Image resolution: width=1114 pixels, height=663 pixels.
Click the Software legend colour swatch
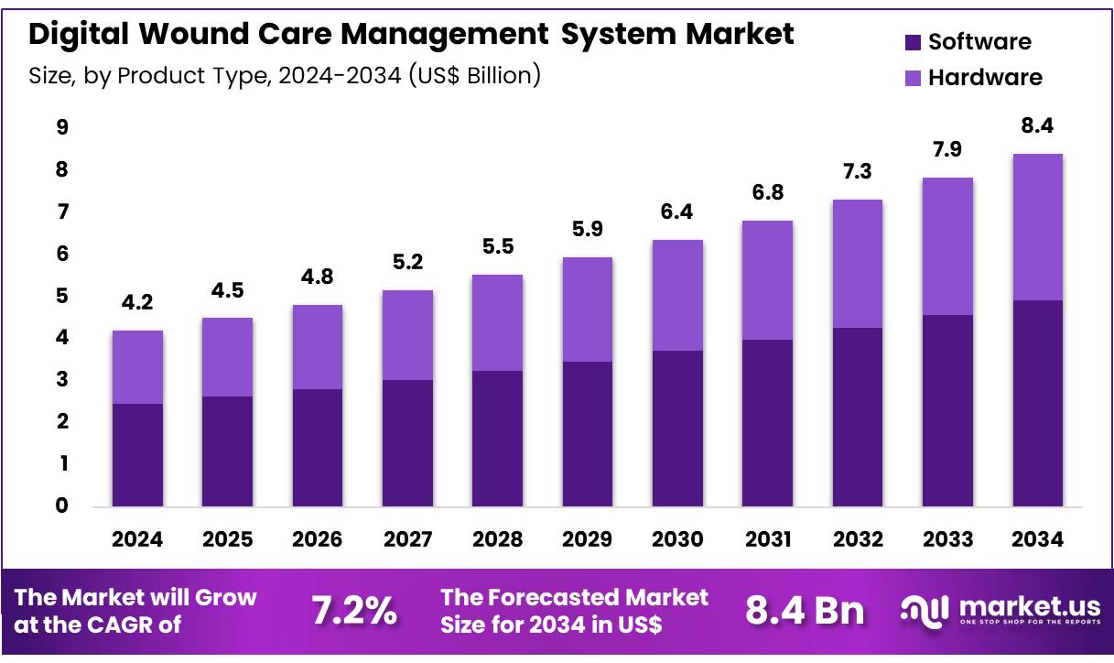pos(913,42)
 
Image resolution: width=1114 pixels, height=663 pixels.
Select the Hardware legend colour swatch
pos(913,78)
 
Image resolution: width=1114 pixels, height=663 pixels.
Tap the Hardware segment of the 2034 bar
pos(1037,227)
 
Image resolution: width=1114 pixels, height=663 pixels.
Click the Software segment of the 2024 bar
pos(137,455)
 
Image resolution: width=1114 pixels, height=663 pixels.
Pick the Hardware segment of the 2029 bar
pos(587,310)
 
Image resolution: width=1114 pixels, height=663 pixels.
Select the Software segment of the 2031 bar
pos(767,423)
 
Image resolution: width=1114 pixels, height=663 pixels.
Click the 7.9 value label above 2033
pos(947,149)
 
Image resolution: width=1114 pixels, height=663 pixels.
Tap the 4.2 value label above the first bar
pos(137,303)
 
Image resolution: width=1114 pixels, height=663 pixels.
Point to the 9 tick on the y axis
pos(62,127)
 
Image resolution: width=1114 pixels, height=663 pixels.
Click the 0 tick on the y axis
pos(62,505)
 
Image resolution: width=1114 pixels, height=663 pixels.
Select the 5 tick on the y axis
pos(62,296)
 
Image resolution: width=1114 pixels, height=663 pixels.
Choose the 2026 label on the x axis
pos(317,539)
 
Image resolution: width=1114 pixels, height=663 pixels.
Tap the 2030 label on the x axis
pos(676,539)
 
